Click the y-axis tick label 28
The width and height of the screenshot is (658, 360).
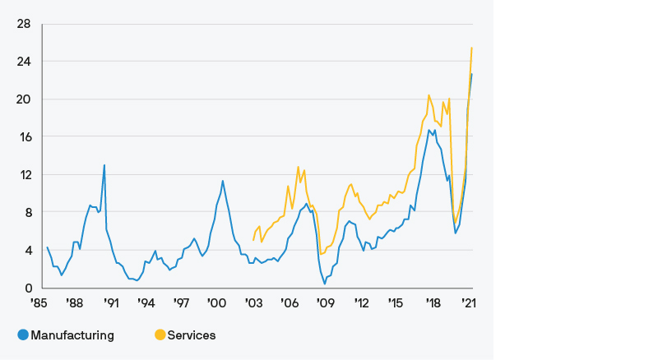pos(23,24)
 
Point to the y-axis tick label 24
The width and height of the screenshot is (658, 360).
pos(23,62)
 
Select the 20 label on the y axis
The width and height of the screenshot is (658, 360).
pos(23,99)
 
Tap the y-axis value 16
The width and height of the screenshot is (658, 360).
pos(23,137)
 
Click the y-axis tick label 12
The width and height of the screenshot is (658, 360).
pos(23,175)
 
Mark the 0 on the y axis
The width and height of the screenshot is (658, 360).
pos(27,288)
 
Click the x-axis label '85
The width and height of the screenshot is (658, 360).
pos(39,303)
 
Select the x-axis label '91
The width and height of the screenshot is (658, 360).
pos(111,303)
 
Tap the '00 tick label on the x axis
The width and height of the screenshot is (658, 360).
pos(217,303)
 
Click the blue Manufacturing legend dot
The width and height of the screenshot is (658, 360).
pos(22,335)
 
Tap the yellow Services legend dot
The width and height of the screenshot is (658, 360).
pos(160,335)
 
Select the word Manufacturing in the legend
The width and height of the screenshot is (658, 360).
pos(72,335)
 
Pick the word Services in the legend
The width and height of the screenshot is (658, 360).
pos(192,335)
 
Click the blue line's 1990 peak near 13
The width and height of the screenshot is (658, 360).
pos(104,165)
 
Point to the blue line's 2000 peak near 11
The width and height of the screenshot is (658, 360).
pos(223,181)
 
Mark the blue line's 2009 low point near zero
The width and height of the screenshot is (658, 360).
pos(324,284)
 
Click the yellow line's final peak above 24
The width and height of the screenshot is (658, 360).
pos(471,48)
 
